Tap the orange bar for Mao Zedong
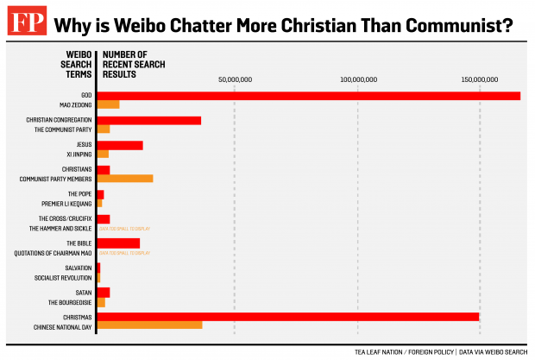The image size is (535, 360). (108, 104)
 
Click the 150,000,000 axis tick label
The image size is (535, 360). (481, 79)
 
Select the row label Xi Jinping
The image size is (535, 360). (79, 154)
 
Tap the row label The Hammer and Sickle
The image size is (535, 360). (60, 229)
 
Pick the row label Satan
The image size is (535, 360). (85, 293)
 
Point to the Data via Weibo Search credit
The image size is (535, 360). (494, 351)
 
